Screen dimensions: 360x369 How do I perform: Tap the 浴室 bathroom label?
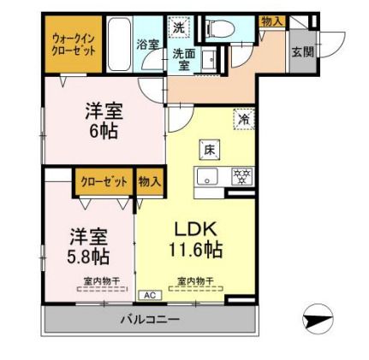coord(146,44)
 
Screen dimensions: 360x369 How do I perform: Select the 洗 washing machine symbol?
coord(178,27)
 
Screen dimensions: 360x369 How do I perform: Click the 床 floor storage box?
coord(210,151)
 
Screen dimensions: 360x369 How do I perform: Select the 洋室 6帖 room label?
coord(101,121)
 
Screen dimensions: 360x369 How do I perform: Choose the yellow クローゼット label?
coord(104,181)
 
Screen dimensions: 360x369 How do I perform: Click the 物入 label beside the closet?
coord(150,181)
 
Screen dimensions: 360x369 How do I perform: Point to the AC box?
coord(149,294)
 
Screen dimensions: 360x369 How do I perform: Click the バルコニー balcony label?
coord(149,320)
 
